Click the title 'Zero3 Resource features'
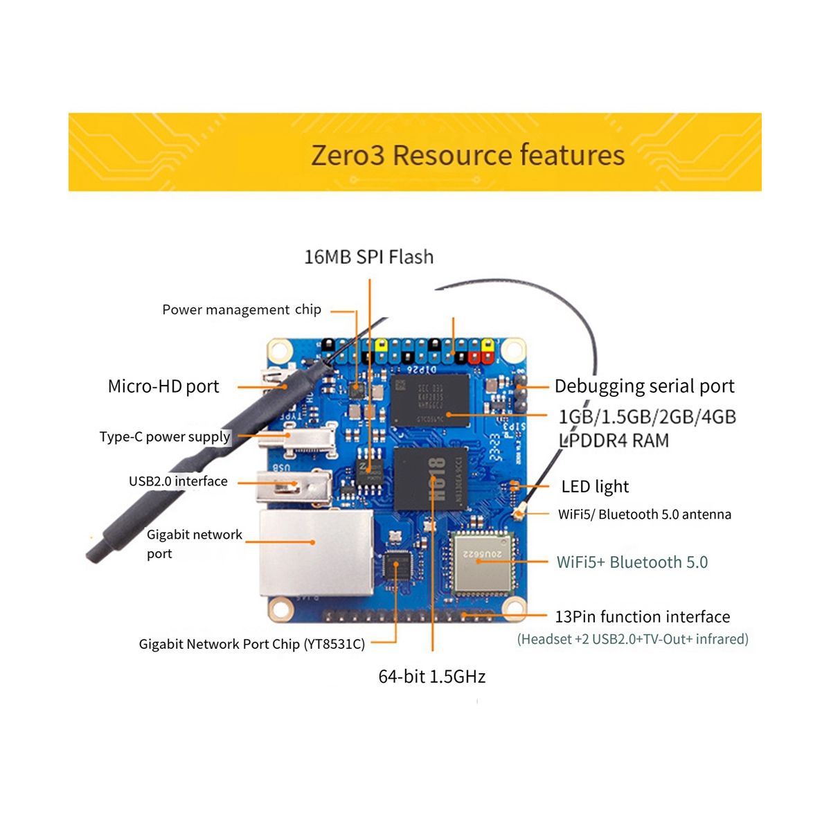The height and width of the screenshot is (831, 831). tap(467, 154)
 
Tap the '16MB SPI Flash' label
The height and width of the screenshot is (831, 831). tap(368, 257)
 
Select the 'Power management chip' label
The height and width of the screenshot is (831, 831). tap(241, 310)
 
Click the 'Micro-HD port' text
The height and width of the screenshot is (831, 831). tap(163, 386)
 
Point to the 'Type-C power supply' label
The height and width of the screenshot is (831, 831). tap(165, 437)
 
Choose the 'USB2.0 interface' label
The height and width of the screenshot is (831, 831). tap(178, 481)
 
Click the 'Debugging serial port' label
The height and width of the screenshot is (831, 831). tap(644, 386)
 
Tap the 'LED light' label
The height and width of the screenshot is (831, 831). tap(595, 487)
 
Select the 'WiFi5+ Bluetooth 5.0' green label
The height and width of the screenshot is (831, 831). tap(632, 562)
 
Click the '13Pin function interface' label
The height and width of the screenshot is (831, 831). tap(642, 616)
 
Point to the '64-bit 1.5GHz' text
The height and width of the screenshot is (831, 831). tap(431, 677)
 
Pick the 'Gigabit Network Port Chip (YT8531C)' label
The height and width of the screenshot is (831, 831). tap(251, 644)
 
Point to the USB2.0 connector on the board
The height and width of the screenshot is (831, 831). tap(294, 487)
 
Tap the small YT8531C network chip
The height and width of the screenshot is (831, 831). tap(397, 566)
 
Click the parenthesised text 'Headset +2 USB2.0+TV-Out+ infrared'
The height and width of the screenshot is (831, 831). tap(632, 639)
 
